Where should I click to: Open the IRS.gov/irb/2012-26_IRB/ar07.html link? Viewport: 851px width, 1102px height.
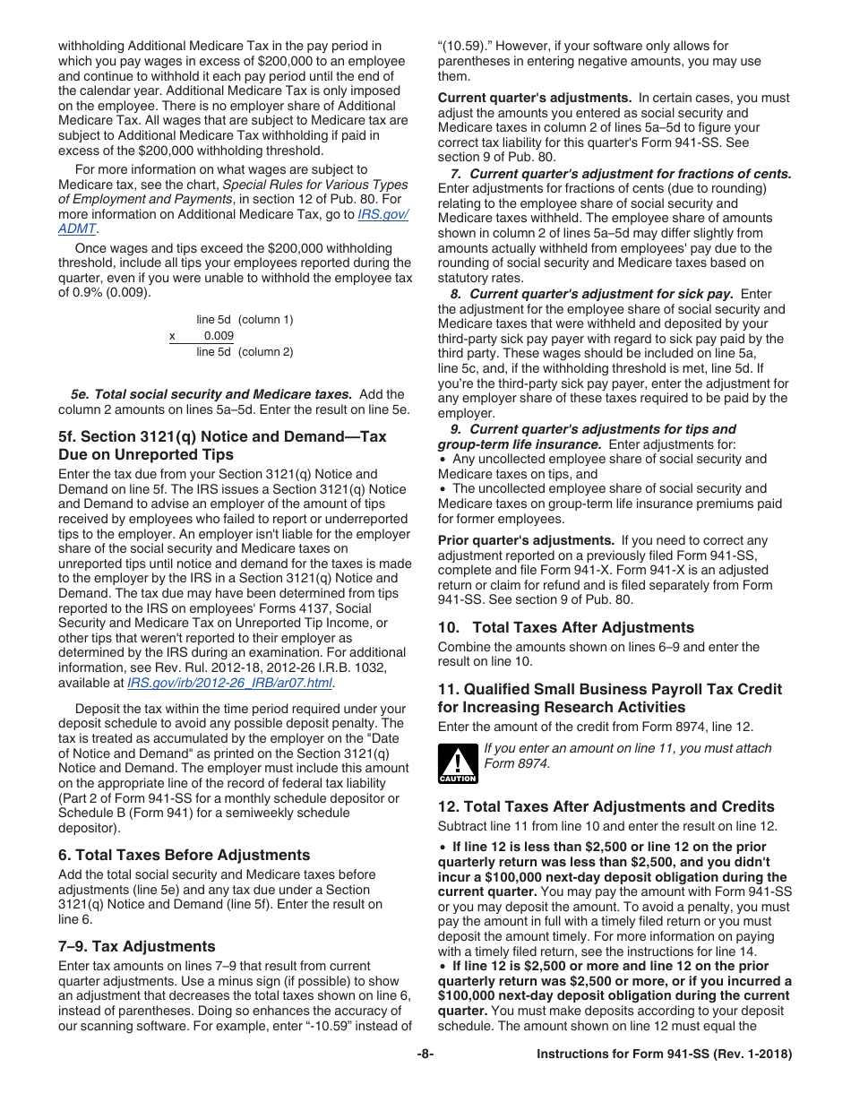229,683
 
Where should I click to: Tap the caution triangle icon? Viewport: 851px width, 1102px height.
457,763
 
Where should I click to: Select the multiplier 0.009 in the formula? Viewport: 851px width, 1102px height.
218,336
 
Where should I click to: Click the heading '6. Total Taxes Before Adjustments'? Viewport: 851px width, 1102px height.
184,855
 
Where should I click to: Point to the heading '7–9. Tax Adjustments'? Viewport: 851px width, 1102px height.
136,946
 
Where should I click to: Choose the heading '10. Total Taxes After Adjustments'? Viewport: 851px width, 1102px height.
565,627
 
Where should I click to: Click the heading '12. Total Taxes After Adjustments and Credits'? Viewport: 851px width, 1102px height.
606,806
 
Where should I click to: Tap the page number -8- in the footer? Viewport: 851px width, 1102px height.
425,1055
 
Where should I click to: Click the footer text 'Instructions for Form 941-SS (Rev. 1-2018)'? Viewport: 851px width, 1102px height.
664,1055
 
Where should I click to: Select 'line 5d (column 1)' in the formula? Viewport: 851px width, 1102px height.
245,320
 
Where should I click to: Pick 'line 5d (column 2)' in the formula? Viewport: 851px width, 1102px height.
245,352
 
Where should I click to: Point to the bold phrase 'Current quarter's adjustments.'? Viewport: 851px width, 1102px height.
535,98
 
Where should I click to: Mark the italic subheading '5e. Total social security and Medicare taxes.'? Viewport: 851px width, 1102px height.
211,394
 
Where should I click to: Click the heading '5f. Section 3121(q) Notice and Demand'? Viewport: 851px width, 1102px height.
222,445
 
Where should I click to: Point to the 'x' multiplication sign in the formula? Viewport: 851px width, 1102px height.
172,336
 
